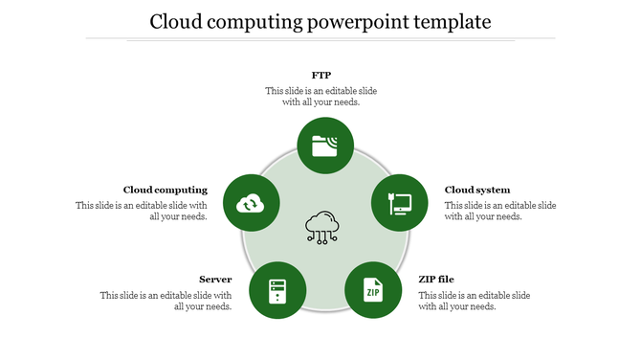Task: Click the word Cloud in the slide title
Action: point(176,21)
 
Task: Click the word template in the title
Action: point(448,21)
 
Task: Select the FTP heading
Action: point(321,74)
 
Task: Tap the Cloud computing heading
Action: point(165,190)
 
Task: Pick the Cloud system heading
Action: point(477,190)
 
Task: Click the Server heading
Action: point(215,280)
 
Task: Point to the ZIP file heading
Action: point(436,280)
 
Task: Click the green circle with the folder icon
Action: point(325,146)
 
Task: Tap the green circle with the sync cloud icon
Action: point(251,203)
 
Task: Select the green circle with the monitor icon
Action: point(399,203)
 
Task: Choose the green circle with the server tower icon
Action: point(277,290)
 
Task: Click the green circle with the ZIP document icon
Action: point(372,290)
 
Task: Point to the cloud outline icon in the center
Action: point(322,227)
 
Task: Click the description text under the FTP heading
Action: point(321,96)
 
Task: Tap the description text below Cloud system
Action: point(500,211)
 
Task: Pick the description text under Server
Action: point(166,301)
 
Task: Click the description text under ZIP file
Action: point(475,301)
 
